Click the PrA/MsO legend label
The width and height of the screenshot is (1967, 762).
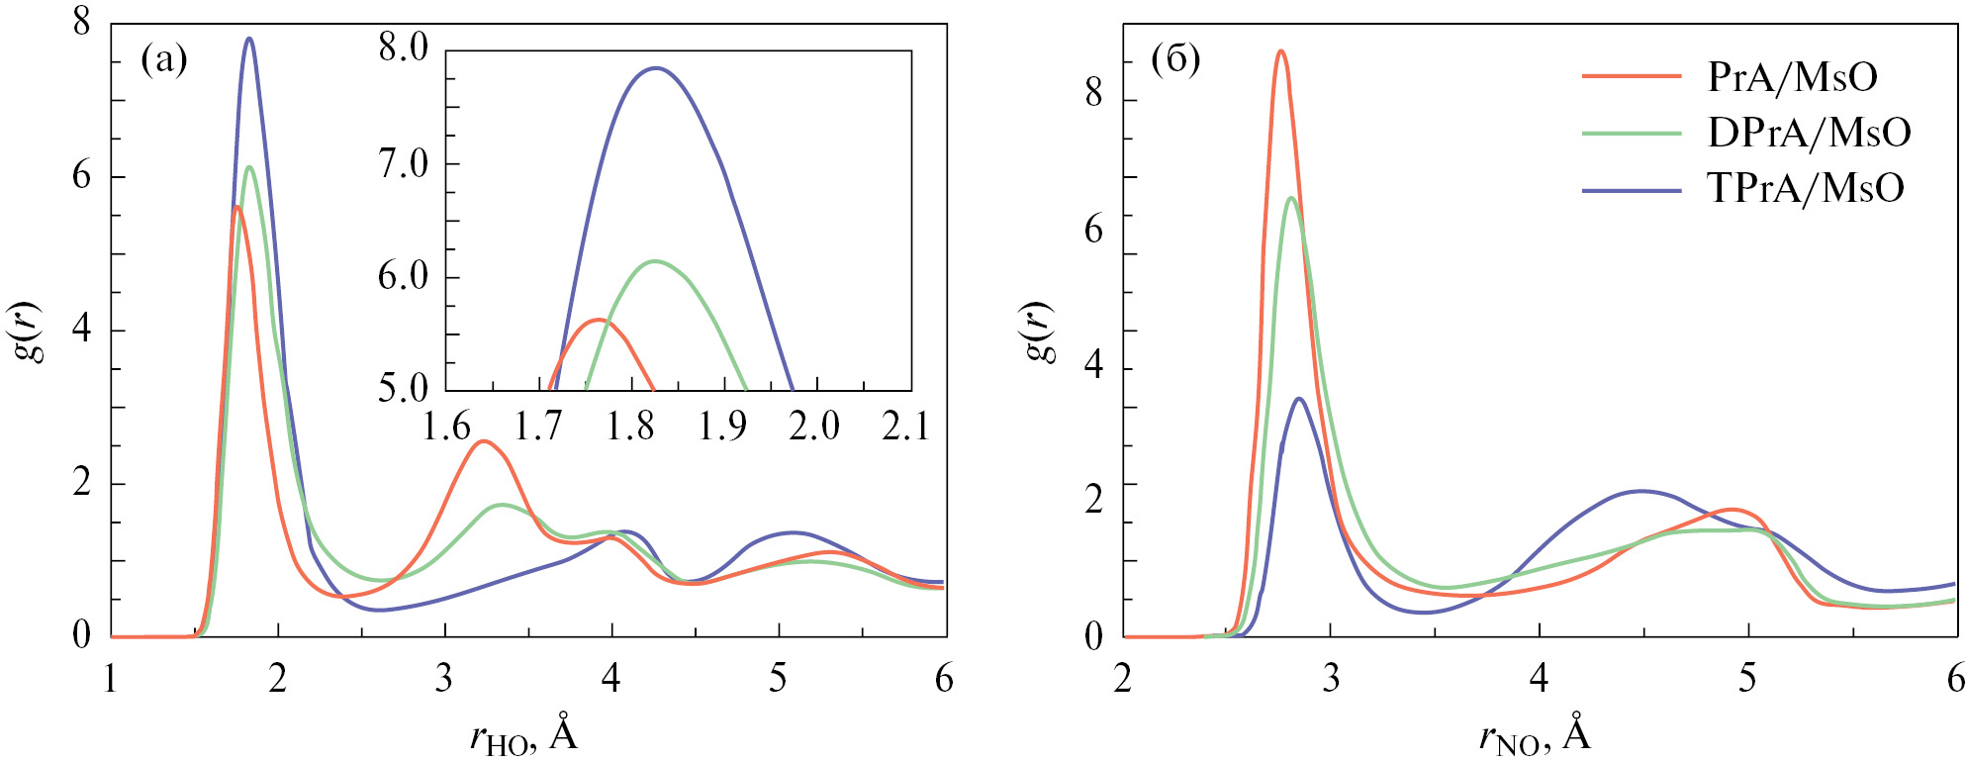coord(1792,77)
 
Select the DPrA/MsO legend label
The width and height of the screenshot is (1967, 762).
coord(1809,133)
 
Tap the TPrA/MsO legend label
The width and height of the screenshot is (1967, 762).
coord(1806,188)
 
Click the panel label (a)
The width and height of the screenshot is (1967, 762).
coord(164,60)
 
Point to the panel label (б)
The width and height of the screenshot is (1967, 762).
coord(1175,60)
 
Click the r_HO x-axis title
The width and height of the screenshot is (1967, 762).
coord(523,735)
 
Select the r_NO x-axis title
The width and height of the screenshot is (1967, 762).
coord(1535,735)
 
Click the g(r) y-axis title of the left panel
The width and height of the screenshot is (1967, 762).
coord(32,332)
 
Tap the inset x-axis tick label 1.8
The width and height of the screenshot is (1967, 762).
coord(630,427)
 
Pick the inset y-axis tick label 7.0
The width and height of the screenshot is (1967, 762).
coord(403,164)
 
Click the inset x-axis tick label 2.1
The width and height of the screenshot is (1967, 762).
coord(905,427)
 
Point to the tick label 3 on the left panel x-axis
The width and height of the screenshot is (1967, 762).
coord(444,679)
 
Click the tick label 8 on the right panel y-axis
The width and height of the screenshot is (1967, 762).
coord(1093,94)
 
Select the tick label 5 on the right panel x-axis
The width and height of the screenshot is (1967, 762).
coord(1748,679)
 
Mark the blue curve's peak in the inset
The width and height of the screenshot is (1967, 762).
coord(655,68)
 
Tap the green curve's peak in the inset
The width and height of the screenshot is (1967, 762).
coord(655,261)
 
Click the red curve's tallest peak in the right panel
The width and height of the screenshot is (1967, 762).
coord(1281,50)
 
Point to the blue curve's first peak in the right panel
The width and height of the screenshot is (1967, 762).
coord(1299,399)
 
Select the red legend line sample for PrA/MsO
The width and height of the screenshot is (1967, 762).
coord(1632,76)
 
